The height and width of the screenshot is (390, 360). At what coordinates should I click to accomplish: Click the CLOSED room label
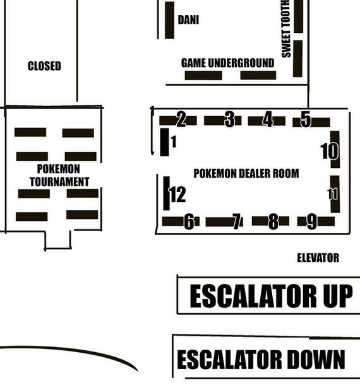(x=44, y=66)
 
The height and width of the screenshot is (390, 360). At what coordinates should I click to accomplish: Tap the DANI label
(x=188, y=20)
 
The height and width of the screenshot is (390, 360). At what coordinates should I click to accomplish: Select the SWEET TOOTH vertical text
(x=286, y=28)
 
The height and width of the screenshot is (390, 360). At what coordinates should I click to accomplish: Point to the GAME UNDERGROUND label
(x=227, y=62)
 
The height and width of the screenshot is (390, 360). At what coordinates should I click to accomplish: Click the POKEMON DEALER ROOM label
(x=246, y=174)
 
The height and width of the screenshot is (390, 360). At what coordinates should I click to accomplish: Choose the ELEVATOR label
(x=318, y=258)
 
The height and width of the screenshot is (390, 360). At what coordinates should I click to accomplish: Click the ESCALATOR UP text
(x=271, y=296)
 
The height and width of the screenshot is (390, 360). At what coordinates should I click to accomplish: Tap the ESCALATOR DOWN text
(x=261, y=359)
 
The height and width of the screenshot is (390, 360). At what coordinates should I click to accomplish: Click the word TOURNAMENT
(x=59, y=182)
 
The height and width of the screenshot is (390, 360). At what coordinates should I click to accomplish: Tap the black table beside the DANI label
(x=169, y=20)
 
